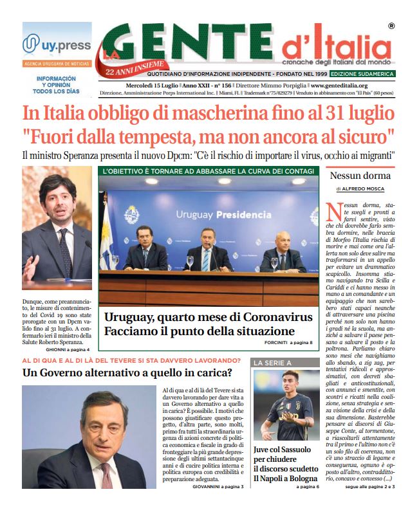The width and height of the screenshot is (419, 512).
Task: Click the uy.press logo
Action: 57,44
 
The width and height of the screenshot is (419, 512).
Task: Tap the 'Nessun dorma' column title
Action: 359,176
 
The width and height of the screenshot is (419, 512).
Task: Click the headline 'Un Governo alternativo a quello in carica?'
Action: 127,373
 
